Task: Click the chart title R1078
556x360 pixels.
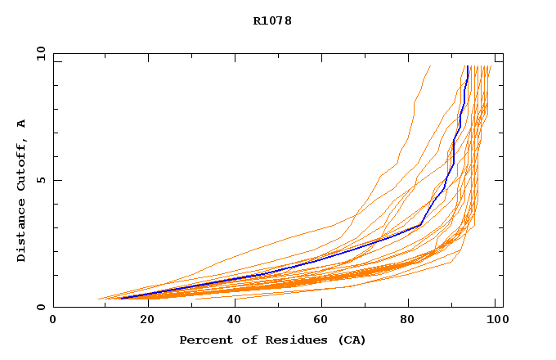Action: click(272, 20)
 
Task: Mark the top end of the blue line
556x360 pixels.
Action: click(467, 66)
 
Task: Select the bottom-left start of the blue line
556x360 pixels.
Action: click(121, 298)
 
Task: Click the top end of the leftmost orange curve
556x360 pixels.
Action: click(431, 66)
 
